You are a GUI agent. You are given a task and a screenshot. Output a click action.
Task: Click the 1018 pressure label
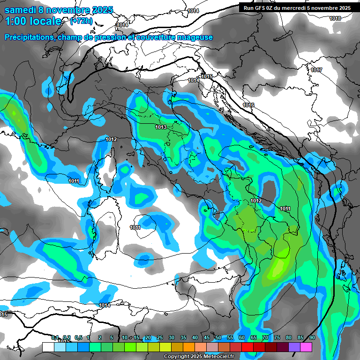pyautogui.click(x=335, y=18)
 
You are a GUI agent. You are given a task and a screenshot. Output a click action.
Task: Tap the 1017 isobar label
pyautogui.click(x=316, y=70)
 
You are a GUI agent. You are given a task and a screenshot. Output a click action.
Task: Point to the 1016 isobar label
pyautogui.click(x=248, y=105)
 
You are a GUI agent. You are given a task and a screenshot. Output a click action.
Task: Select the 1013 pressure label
pyautogui.click(x=161, y=127)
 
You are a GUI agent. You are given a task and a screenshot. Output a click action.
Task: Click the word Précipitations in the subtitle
pyautogui.click(x=29, y=37)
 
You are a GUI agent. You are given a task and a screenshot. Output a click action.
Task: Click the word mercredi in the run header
pyautogui.click(x=302, y=8)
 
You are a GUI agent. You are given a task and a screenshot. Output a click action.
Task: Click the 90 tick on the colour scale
pyautogui.click(x=312, y=338)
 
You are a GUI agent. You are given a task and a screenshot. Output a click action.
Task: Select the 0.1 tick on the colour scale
pyautogui.click(x=54, y=338)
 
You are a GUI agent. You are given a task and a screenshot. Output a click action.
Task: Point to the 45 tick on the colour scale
pyautogui.click(x=207, y=338)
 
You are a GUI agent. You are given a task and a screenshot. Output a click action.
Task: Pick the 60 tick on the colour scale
pyautogui.click(x=242, y=338)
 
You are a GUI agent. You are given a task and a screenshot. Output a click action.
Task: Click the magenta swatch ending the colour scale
pyautogui.click(x=306, y=347)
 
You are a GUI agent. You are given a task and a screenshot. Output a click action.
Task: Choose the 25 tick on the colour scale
pyautogui.click(x=160, y=338)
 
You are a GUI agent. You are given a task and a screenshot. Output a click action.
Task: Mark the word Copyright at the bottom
pyautogui.click(x=176, y=357)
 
